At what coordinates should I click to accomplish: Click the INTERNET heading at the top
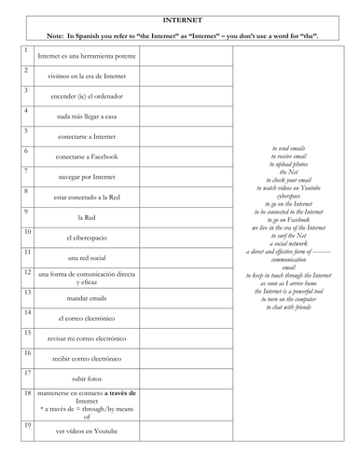(180, 18)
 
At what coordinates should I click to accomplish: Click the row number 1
(25, 48)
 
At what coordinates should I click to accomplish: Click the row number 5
(25, 130)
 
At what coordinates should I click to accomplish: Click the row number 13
(26, 293)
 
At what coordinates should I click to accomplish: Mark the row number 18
(26, 394)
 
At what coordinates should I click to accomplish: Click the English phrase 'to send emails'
(289, 148)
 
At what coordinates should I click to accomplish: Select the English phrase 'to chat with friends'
(289, 307)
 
